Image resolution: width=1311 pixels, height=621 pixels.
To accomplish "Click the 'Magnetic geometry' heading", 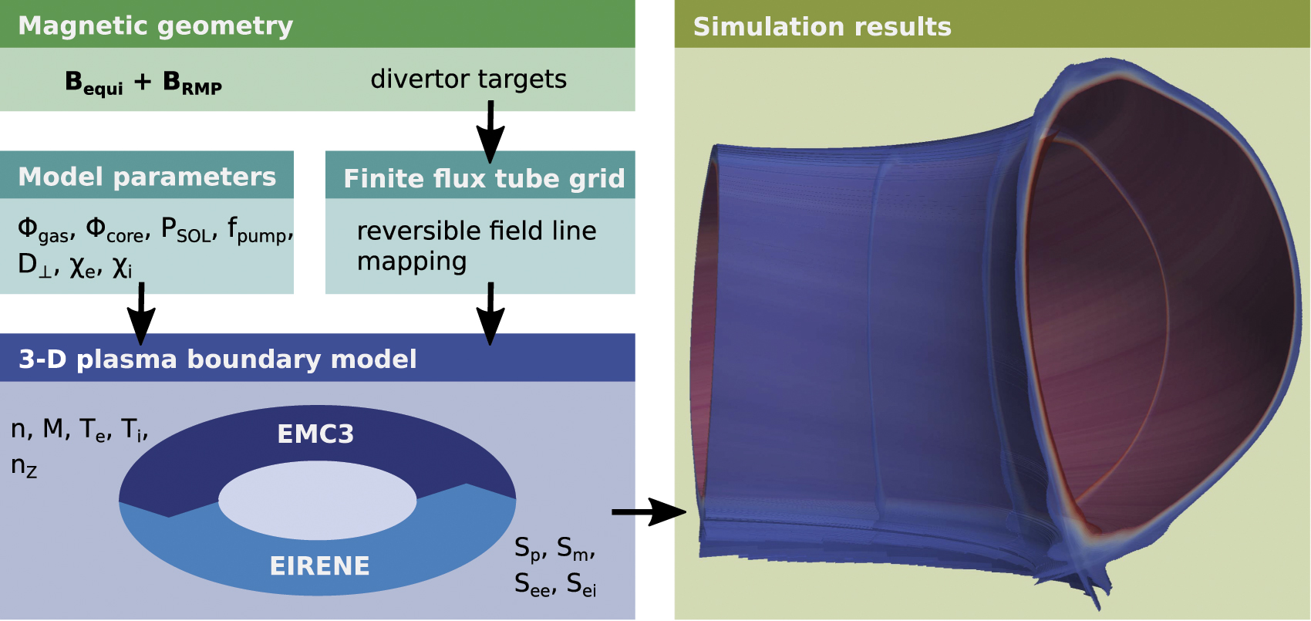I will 155,25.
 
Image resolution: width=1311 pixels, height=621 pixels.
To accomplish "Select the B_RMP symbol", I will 192,83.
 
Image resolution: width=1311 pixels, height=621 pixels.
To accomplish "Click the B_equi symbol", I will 93,83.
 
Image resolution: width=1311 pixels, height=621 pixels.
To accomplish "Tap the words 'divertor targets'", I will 468,79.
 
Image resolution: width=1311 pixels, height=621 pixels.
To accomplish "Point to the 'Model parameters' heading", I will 147,177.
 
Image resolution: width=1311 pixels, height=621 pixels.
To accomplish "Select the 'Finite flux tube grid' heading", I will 484,178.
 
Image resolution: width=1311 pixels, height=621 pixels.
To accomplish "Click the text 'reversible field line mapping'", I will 476,245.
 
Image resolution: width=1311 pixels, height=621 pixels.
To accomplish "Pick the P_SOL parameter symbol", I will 186,230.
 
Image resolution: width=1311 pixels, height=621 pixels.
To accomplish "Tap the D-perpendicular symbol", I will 35,265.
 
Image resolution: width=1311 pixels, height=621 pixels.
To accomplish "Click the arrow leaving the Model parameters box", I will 141,312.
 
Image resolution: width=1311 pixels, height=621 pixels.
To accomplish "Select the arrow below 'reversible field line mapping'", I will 490,312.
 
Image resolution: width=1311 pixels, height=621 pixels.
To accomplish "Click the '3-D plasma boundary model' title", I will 217,359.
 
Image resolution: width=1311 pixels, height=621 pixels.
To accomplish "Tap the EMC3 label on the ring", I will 315,434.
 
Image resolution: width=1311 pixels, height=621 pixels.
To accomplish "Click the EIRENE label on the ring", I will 319,565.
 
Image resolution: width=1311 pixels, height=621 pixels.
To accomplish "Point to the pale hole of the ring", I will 317,501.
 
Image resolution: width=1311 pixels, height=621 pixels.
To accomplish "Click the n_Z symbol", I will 24,466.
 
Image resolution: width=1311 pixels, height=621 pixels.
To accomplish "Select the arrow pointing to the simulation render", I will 648,511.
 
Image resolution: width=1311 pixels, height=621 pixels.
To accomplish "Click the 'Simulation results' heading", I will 822,26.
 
